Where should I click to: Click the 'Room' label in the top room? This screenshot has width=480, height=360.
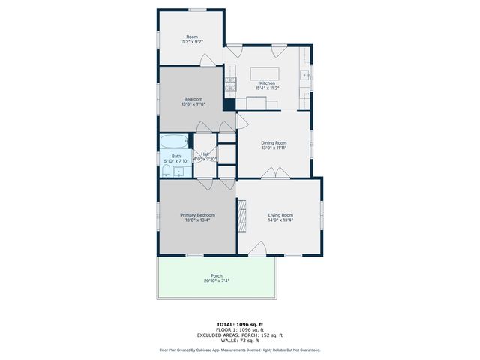(x=192, y=37)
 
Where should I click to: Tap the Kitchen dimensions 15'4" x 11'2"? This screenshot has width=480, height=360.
(x=267, y=88)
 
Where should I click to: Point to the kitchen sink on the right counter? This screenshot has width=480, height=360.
(x=304, y=74)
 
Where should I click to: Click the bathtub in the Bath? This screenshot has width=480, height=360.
(x=175, y=141)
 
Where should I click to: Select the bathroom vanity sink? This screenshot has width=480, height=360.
(x=179, y=172)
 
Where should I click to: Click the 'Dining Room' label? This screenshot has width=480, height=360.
(x=274, y=142)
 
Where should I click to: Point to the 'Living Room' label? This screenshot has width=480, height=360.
(x=280, y=215)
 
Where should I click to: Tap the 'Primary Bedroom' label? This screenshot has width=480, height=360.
(x=197, y=215)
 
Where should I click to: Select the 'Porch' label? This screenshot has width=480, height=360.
(x=217, y=275)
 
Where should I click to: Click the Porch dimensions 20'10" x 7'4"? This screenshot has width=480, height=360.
(x=217, y=281)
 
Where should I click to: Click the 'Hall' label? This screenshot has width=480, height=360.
(x=205, y=154)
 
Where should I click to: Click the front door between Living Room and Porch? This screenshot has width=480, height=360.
(x=257, y=250)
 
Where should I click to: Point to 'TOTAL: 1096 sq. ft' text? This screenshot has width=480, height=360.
(x=239, y=324)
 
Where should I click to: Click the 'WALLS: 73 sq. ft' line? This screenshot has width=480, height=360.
(x=239, y=340)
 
